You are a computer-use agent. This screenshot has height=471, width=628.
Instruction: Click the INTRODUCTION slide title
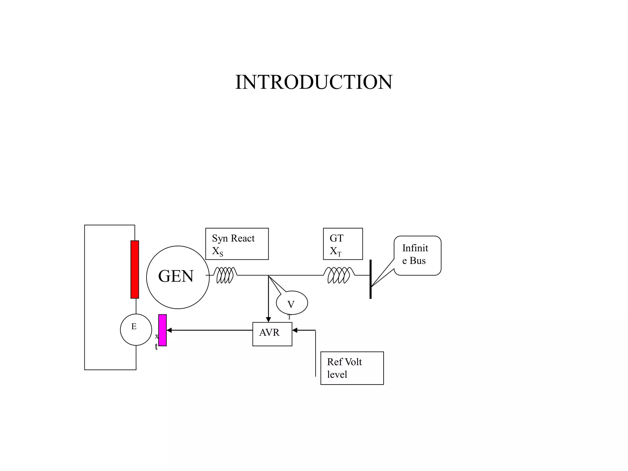click(x=314, y=82)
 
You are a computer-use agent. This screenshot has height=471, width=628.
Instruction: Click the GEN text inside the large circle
click(x=176, y=276)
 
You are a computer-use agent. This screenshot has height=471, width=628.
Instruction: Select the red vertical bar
click(x=135, y=269)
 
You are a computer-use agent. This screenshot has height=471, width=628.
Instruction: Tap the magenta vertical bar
click(x=163, y=330)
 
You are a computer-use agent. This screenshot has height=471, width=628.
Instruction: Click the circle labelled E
click(x=136, y=330)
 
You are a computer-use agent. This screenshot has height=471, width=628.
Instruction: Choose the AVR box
click(x=272, y=334)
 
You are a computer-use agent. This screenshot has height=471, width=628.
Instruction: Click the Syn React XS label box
click(x=237, y=244)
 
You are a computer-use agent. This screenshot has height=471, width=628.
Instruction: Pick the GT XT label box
click(x=343, y=244)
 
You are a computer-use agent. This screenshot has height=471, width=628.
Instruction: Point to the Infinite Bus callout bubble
click(x=417, y=255)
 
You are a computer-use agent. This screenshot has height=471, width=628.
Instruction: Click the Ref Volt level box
click(x=352, y=368)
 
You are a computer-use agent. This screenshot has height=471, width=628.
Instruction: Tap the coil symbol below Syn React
click(x=225, y=275)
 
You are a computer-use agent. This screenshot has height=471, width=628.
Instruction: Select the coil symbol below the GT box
click(x=339, y=275)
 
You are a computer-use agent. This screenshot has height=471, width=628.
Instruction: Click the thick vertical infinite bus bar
click(x=370, y=279)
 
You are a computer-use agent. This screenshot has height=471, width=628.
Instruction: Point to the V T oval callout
click(x=292, y=303)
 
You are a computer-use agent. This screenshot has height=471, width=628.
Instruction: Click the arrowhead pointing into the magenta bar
click(x=169, y=330)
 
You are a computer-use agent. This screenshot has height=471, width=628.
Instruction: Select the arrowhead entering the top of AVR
click(x=268, y=320)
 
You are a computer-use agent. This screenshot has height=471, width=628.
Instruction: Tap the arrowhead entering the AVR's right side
click(x=295, y=330)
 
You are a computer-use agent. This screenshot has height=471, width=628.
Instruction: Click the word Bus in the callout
click(x=418, y=261)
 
